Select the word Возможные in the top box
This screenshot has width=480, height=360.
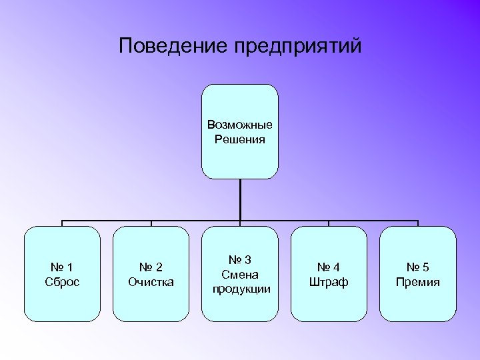click(240, 125)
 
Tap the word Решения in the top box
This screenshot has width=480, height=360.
click(240, 140)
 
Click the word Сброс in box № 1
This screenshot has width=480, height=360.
click(62, 282)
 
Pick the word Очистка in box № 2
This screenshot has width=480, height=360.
click(151, 282)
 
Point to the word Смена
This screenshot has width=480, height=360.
click(240, 275)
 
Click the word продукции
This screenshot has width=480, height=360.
click(241, 289)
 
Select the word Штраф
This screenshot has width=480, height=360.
click(329, 282)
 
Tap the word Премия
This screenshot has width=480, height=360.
click(417, 282)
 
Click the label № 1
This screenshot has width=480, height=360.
click(62, 267)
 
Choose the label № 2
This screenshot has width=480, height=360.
click(151, 267)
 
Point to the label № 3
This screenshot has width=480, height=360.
click(240, 260)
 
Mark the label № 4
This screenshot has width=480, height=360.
click(329, 267)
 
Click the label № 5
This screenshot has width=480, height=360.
click(417, 267)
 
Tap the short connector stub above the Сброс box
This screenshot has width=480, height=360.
click(63, 223)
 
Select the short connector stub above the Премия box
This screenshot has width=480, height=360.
click(418, 223)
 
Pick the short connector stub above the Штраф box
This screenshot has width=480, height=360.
click(329, 223)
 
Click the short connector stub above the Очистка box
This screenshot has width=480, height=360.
click(151, 223)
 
